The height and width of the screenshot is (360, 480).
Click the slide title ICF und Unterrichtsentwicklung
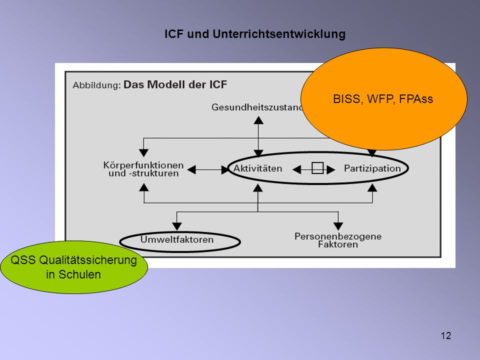coord(255,34)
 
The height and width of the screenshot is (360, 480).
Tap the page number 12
coord(445,335)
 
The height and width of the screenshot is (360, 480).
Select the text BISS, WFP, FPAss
coord(383,99)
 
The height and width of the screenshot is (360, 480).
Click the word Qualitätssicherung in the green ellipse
coord(88,260)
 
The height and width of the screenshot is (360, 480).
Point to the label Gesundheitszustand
coord(257,107)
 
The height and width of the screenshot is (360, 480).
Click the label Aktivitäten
coord(257,168)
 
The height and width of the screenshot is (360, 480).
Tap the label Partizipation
coord(372,168)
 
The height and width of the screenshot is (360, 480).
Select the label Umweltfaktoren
coord(177,239)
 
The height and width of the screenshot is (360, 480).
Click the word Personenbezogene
coord(338,236)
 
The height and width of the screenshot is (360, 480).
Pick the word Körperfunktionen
coord(143,165)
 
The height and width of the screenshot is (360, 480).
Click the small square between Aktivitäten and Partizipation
coord(317,168)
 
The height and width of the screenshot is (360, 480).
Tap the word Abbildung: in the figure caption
coord(96,85)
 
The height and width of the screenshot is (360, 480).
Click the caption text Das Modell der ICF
coord(175,84)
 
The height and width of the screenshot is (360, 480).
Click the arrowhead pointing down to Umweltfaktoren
coord(177,226)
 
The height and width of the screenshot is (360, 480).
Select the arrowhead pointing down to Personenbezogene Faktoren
coord(338,226)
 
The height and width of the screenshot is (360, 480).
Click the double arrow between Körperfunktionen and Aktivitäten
coord(208,169)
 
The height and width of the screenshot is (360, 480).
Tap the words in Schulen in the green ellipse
coord(73,274)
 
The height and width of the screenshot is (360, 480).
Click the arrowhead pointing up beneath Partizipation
coord(372,187)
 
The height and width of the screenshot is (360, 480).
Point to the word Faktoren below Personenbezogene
coord(338,244)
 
